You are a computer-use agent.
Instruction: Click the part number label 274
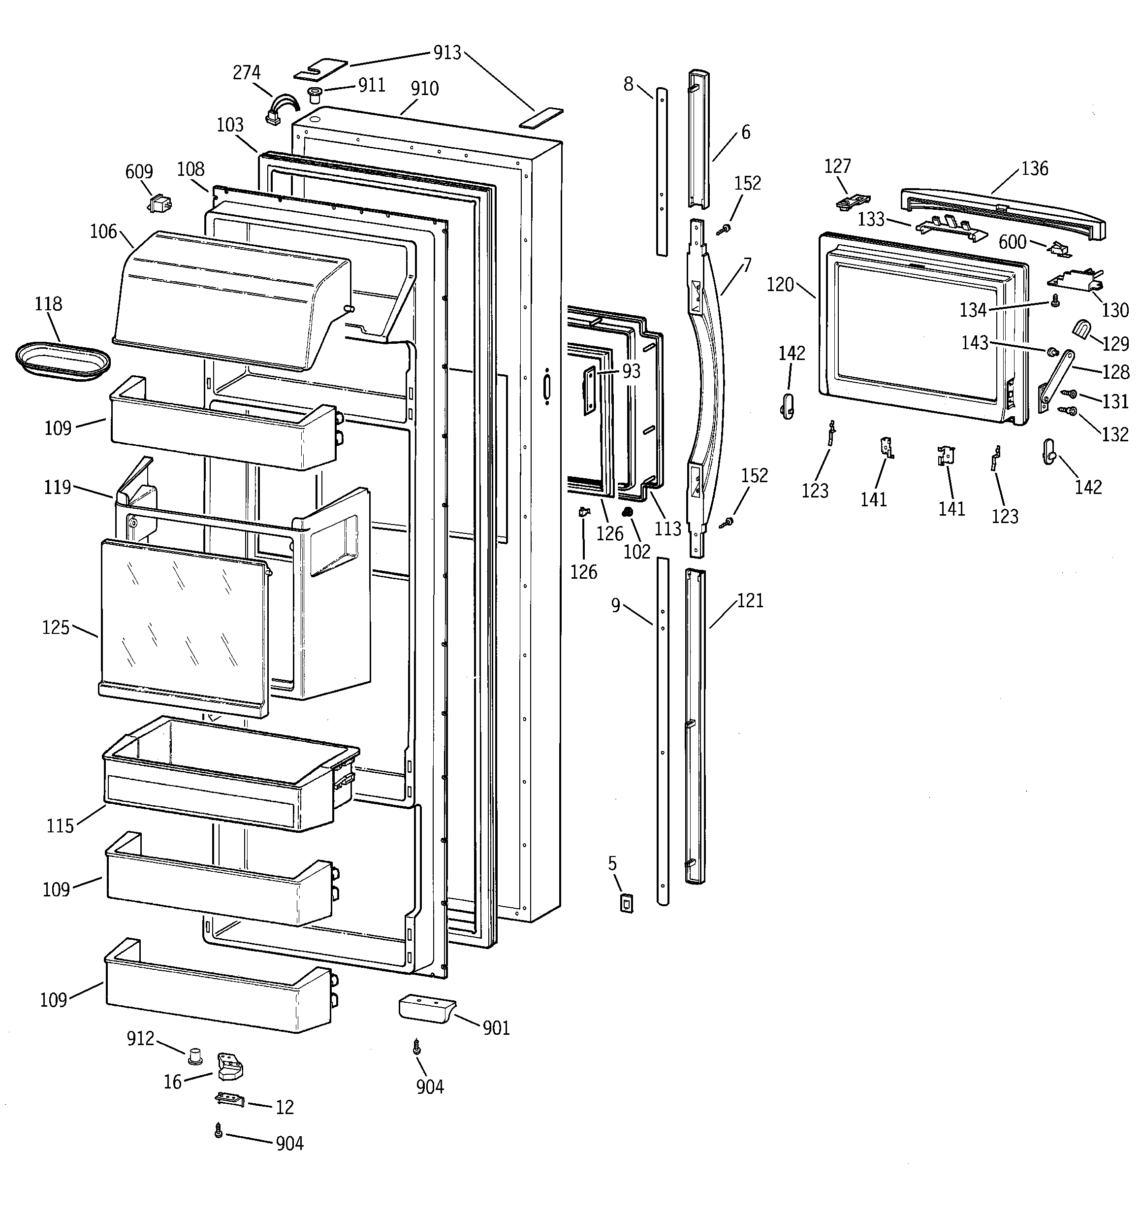coord(247,72)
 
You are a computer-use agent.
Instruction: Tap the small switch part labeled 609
coord(160,203)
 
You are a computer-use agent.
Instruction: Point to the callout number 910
coord(424,89)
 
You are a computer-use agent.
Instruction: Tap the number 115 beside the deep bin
coord(60,826)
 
